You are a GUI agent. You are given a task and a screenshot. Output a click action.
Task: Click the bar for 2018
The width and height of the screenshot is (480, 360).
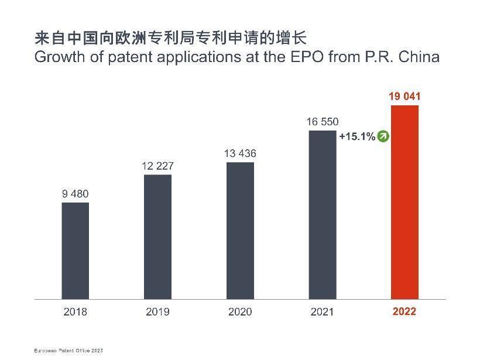tap(75, 251)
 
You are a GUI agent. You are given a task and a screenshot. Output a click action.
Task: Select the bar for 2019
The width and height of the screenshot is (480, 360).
tap(157, 236)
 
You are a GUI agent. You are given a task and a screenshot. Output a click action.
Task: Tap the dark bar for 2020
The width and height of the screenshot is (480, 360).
tap(240, 230)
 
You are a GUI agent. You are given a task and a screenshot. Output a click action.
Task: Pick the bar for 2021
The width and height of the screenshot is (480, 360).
tap(322, 214)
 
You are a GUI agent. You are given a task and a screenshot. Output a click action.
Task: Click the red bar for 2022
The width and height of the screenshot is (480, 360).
tap(404, 202)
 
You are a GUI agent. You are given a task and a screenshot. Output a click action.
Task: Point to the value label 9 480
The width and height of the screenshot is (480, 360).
tap(75, 194)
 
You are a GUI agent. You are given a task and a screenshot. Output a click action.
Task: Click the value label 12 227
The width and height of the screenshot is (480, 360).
tap(157, 166)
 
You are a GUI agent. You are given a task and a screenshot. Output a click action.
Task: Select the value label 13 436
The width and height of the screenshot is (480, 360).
tap(240, 154)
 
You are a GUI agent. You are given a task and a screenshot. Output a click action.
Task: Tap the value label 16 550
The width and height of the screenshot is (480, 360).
tap(322, 122)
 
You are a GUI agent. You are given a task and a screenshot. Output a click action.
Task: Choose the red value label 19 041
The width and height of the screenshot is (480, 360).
tap(404, 97)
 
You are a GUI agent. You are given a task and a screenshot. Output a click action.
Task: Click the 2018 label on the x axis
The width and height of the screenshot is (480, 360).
tap(75, 311)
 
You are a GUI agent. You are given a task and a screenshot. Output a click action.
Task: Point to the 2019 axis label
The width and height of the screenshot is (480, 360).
tap(157, 311)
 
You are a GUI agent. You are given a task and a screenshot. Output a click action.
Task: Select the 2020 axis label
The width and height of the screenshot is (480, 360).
tap(240, 311)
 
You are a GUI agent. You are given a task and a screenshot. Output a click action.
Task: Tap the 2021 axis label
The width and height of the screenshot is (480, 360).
tap(322, 311)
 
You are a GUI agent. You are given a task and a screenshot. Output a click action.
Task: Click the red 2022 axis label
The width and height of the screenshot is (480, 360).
tap(404, 311)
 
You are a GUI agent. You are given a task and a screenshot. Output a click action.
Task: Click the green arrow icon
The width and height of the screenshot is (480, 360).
tap(383, 136)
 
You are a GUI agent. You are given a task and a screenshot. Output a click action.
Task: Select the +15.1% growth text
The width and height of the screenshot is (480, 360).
tap(357, 136)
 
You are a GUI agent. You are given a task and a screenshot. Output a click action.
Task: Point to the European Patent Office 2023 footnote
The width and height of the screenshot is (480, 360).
tap(68, 350)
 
